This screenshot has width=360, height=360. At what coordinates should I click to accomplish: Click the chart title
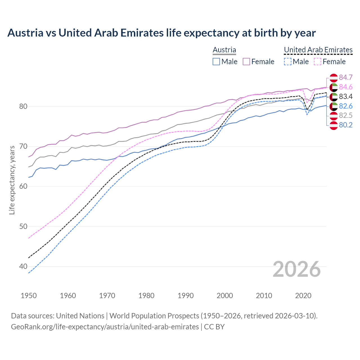(x=161, y=33)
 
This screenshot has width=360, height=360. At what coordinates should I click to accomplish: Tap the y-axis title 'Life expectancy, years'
(x=12, y=180)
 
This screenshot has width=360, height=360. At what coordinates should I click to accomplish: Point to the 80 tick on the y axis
(x=23, y=107)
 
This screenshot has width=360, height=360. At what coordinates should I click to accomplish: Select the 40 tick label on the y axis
(x=23, y=266)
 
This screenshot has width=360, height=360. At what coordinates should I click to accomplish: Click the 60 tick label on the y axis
(x=23, y=186)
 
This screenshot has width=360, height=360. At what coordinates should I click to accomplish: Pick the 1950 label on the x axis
(x=29, y=296)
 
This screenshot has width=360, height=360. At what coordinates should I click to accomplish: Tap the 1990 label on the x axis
(x=186, y=296)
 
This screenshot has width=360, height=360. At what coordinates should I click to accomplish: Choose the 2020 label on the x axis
(x=303, y=296)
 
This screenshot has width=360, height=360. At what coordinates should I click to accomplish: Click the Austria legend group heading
(x=224, y=50)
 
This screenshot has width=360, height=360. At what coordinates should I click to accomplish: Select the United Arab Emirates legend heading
(x=318, y=50)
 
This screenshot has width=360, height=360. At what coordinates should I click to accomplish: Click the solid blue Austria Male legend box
(x=216, y=62)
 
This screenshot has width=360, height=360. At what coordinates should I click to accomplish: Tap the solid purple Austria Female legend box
(x=246, y=62)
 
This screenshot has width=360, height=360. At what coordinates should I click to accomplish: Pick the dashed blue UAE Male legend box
(x=287, y=62)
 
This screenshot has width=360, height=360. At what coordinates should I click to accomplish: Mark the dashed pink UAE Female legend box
(x=318, y=62)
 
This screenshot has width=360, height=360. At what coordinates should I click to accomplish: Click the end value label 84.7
(x=346, y=78)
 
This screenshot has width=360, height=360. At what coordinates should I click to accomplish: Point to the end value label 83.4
(x=346, y=97)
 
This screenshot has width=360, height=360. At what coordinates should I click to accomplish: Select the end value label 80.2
(x=346, y=125)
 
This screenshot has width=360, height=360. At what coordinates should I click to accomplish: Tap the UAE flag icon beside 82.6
(x=334, y=106)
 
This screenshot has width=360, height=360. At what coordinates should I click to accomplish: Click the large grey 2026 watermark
(x=297, y=269)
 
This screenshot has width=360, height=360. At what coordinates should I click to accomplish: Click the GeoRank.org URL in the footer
(x=105, y=327)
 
